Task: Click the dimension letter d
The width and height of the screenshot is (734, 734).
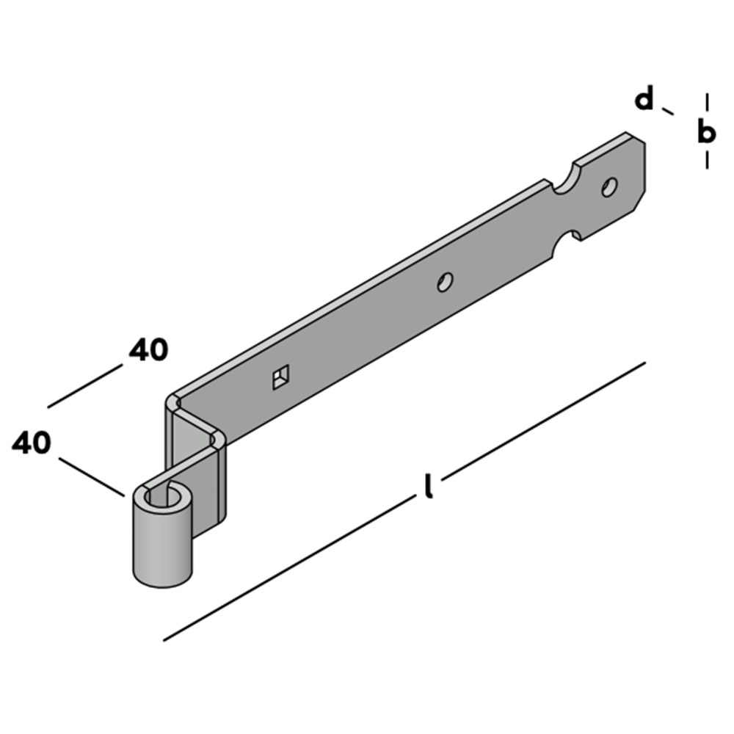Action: tap(644, 98)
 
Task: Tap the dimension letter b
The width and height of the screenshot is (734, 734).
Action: tap(706, 131)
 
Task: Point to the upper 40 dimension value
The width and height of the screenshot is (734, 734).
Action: tap(148, 349)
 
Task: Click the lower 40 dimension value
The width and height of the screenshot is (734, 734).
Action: tap(32, 443)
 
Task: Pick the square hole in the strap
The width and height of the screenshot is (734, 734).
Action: tap(281, 377)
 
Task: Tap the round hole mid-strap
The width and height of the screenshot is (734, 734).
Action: tap(445, 282)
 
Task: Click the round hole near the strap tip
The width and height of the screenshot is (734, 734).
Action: tap(609, 186)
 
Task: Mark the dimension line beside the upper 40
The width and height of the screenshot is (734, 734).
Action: tap(84, 386)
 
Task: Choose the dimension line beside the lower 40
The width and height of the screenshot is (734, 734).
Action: tap(92, 476)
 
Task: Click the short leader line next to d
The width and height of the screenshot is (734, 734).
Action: tap(667, 111)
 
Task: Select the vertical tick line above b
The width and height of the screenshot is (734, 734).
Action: tap(707, 102)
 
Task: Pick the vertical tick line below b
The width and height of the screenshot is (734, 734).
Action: tap(707, 159)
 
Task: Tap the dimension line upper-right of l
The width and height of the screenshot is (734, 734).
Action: tap(544, 421)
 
